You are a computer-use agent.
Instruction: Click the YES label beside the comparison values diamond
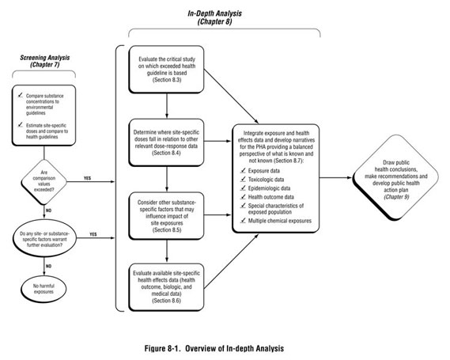click(x=89, y=178)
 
